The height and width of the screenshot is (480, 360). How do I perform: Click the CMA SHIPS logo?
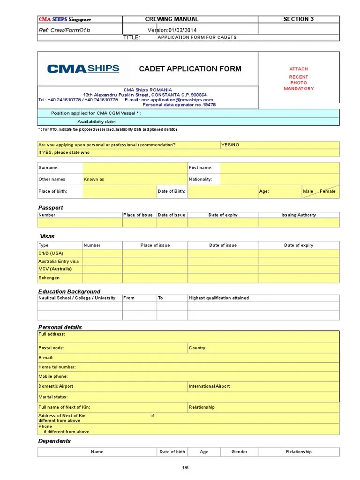point(83,69)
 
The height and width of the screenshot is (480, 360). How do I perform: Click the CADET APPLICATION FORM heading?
point(190,69)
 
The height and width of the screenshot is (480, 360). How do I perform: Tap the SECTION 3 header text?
point(298,19)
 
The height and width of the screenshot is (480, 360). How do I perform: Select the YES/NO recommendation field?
point(230,145)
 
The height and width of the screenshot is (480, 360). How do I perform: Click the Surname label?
point(48,167)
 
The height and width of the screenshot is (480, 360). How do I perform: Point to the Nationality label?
point(200,179)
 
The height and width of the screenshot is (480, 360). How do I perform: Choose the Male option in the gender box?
point(308,191)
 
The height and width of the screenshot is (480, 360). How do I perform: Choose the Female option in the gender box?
point(328,191)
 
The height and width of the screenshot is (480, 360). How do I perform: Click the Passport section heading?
point(50,208)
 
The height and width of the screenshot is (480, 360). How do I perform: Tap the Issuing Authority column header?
point(299,215)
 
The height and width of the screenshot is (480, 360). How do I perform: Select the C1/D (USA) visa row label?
point(51,253)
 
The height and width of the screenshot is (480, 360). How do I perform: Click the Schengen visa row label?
point(49,278)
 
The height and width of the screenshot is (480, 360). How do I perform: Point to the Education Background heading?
point(69,292)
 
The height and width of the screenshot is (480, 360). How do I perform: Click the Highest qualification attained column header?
point(219,298)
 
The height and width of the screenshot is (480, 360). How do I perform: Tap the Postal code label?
point(51,348)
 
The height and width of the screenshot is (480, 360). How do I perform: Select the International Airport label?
point(209,386)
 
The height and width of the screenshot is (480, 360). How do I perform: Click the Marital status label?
point(53,397)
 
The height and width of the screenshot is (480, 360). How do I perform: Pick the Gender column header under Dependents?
point(239,452)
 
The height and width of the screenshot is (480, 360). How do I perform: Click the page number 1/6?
point(185,467)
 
